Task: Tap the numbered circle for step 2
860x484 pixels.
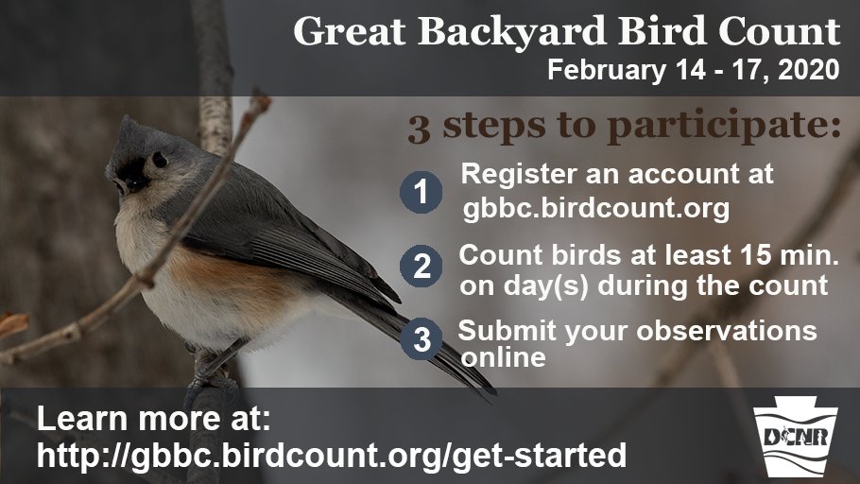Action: [x=422, y=267]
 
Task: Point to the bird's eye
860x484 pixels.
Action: [x=160, y=160]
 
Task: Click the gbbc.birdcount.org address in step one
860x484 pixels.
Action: [x=595, y=209]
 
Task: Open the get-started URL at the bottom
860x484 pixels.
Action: [x=331, y=455]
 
